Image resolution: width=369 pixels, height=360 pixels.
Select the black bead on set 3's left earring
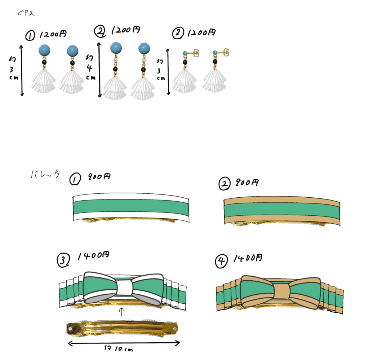point(185,62)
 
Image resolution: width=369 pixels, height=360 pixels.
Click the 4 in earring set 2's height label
point(90,68)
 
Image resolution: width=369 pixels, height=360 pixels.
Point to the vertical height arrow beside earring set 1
point(22,70)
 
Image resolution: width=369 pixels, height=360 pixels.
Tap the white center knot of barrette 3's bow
point(123,288)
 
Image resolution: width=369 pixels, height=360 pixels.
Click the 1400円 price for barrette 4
point(248,258)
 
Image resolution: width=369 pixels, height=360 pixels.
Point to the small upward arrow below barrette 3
point(121,311)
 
